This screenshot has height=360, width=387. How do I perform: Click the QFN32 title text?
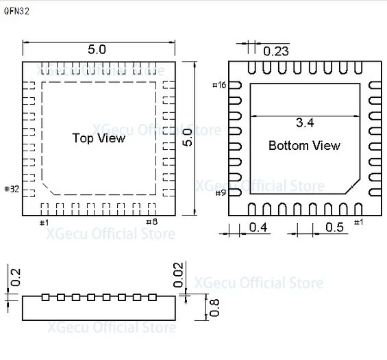coord(17,12)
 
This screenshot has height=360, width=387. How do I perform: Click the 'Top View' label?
coord(99,138)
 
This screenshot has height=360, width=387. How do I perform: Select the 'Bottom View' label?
coord(304,146)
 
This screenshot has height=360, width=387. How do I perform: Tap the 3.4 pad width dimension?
coord(305,123)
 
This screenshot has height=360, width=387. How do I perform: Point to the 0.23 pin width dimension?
coord(276,51)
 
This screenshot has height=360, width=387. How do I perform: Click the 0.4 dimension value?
coord(258,227)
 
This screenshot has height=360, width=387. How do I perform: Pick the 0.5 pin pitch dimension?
coord(334,227)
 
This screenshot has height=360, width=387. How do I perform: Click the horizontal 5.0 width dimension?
coord(97,50)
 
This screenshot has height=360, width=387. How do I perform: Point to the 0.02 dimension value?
coord(179,274)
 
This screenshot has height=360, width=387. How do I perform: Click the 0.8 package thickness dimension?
coord(215,307)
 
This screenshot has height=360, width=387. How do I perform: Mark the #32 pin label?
coord(12,189)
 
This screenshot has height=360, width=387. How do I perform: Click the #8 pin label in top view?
coord(152,222)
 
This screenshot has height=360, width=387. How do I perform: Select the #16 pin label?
coord(219,85)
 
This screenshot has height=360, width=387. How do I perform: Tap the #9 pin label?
coord(220,193)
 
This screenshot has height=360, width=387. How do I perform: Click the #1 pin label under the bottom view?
coord(358,222)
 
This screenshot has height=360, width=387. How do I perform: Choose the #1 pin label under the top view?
coord(44,222)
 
